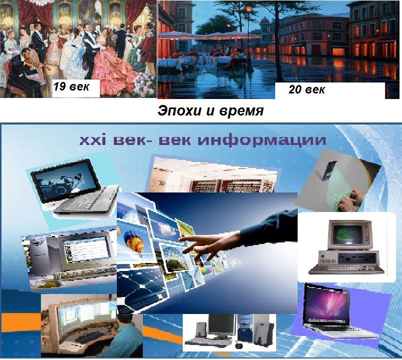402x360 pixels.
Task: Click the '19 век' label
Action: pos(71,87)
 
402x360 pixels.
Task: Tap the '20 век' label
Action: pos(307,89)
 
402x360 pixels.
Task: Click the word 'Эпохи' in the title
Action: pos(179,111)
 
